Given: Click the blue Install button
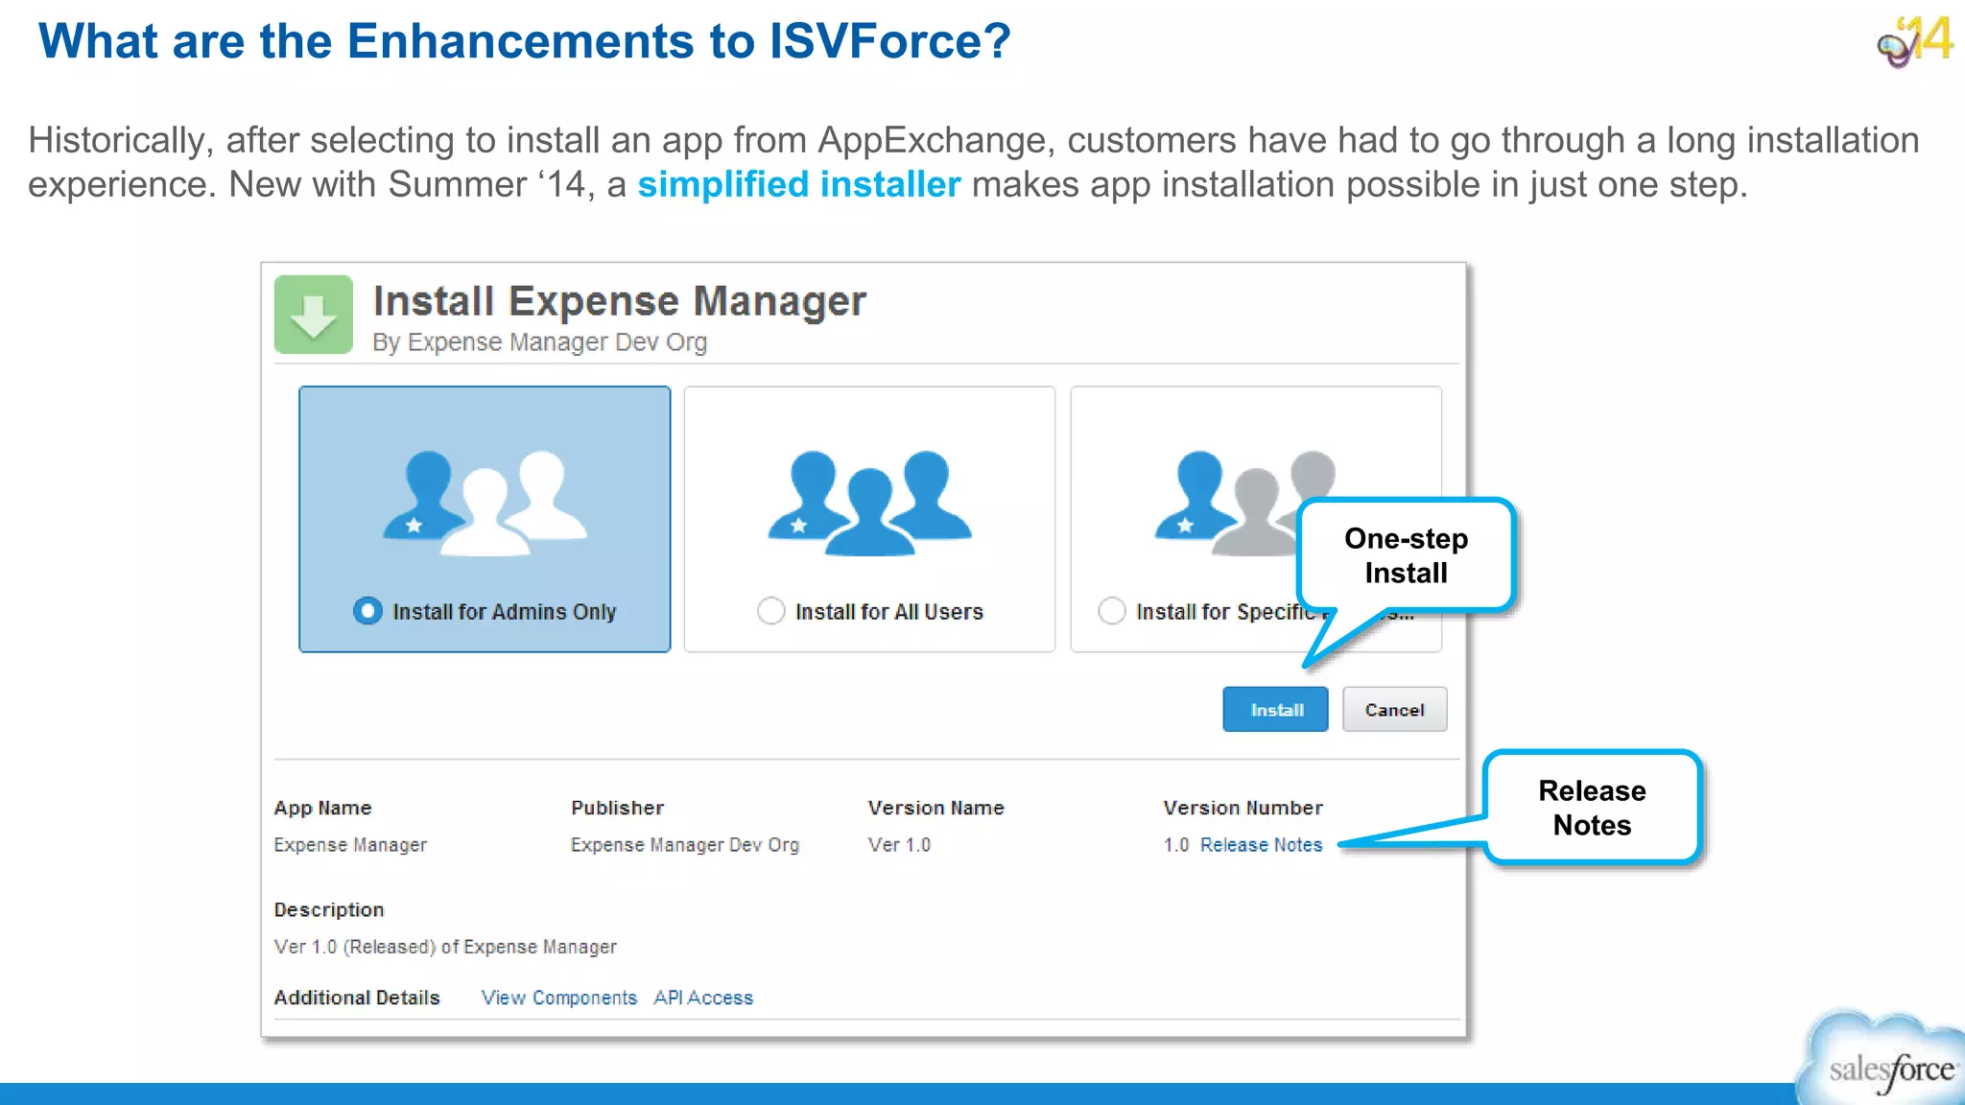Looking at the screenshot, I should [x=1275, y=710].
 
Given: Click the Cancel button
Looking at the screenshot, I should [x=1394, y=710].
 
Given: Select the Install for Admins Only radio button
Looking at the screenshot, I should [x=367, y=611].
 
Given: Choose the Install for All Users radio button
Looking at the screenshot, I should [x=770, y=611].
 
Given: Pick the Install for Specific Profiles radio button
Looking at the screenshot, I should [x=1111, y=611].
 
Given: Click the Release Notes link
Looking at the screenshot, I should [x=1261, y=845].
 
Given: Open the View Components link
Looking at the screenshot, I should [x=558, y=998].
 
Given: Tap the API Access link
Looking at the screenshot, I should [x=703, y=998].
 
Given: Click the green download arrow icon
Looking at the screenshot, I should [x=314, y=315].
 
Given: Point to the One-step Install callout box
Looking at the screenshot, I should [x=1406, y=555].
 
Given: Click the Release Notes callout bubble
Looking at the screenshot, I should [x=1592, y=808].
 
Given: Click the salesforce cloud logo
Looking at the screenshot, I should [x=1886, y=1063].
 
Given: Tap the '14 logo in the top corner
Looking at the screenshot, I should [x=1916, y=41].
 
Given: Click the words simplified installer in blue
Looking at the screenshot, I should [x=798, y=184].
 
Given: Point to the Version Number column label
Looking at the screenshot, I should [x=1243, y=808].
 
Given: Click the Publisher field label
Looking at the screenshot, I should [x=617, y=808].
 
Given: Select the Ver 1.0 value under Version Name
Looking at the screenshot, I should [x=899, y=845].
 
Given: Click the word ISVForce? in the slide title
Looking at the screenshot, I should [x=889, y=41].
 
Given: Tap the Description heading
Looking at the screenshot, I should [x=328, y=909].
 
